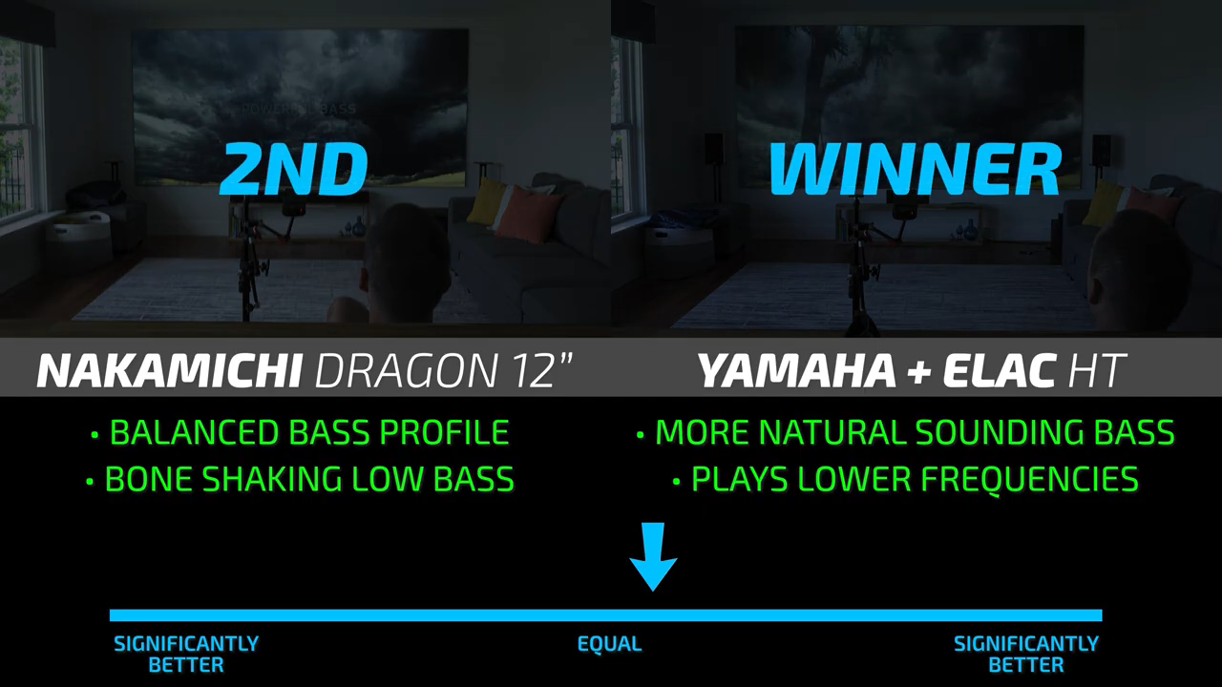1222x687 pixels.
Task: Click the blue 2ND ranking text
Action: point(293,169)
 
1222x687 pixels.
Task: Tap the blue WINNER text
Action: point(915,169)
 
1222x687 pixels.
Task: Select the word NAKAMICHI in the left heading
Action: point(170,371)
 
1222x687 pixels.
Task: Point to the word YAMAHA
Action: point(796,371)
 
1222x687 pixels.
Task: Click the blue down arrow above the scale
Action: point(653,556)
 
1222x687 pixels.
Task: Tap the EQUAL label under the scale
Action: point(609,644)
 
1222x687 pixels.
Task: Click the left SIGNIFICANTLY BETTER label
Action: point(186,655)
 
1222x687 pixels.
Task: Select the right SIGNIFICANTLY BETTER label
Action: point(1025,655)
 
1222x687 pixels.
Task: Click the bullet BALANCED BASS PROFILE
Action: point(300,432)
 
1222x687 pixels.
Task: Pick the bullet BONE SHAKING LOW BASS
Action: point(300,479)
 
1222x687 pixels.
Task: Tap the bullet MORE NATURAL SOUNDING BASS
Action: point(906,432)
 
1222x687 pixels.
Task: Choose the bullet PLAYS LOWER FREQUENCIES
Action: point(906,479)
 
